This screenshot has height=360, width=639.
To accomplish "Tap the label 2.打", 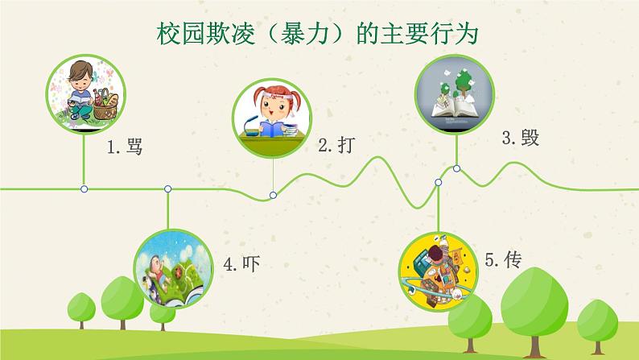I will pyautogui.click(x=336, y=146).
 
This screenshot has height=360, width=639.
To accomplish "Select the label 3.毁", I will pyautogui.click(x=520, y=138).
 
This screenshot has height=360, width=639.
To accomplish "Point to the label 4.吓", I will pyautogui.click(x=242, y=263).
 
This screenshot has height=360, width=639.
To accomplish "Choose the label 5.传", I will pyautogui.click(x=504, y=259).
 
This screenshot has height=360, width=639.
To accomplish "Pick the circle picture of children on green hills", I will pyautogui.click(x=167, y=270).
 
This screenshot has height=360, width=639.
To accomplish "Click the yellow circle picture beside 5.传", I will pyautogui.click(x=439, y=269).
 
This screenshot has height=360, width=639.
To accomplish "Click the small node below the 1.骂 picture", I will pyautogui.click(x=85, y=188).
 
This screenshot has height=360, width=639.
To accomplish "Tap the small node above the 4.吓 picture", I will pyautogui.click(x=167, y=188).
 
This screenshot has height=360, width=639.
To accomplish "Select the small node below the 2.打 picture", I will pyautogui.click(x=273, y=195).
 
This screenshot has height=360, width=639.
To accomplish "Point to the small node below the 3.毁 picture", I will pyautogui.click(x=456, y=168).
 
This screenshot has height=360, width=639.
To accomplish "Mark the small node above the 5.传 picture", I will pyautogui.click(x=439, y=183).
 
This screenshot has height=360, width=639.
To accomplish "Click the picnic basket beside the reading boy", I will pyautogui.click(x=105, y=103).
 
